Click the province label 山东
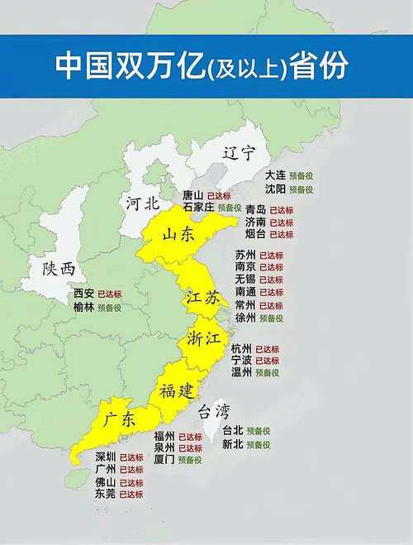click(x=178, y=235)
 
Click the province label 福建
click(x=177, y=389)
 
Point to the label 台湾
click(x=212, y=411)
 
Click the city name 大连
click(x=275, y=175)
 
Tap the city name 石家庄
click(x=198, y=208)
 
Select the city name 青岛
click(x=256, y=210)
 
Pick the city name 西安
click(x=83, y=294)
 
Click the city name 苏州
click(x=245, y=255)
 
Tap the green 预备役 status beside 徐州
click(x=272, y=318)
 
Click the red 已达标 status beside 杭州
click(x=268, y=349)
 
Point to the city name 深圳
click(x=106, y=457)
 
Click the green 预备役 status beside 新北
click(x=259, y=444)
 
